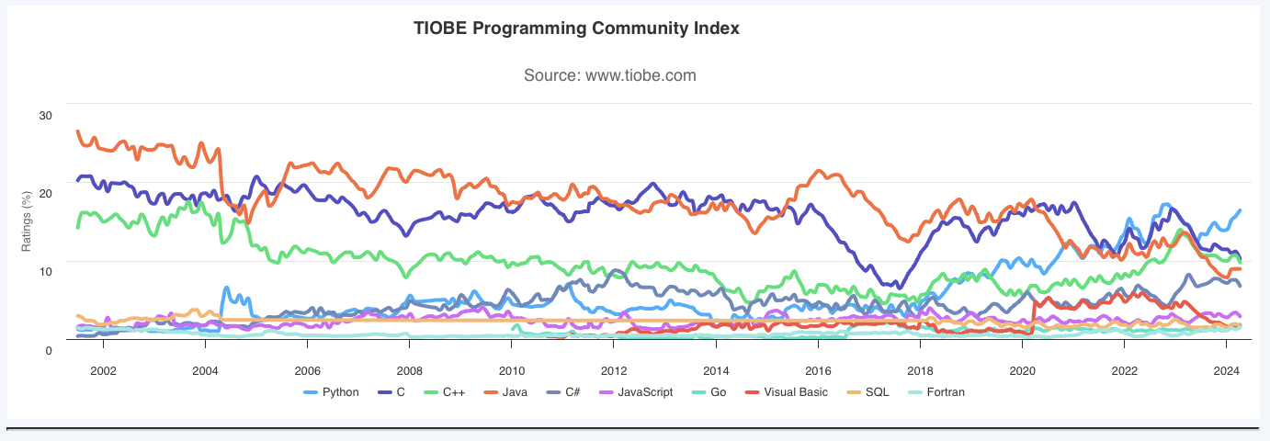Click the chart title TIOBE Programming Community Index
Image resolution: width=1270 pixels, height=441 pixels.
[x=577, y=28]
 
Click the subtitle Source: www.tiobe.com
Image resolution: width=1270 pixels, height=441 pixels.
[x=609, y=75]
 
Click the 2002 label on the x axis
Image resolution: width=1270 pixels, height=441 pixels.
[x=103, y=370]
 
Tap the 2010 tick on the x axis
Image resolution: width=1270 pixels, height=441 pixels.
[x=511, y=370]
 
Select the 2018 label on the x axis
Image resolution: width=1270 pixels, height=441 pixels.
[x=920, y=370]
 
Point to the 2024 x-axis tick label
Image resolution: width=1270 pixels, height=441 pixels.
[x=1226, y=370]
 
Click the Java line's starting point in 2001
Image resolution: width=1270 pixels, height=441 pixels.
[x=78, y=132]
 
